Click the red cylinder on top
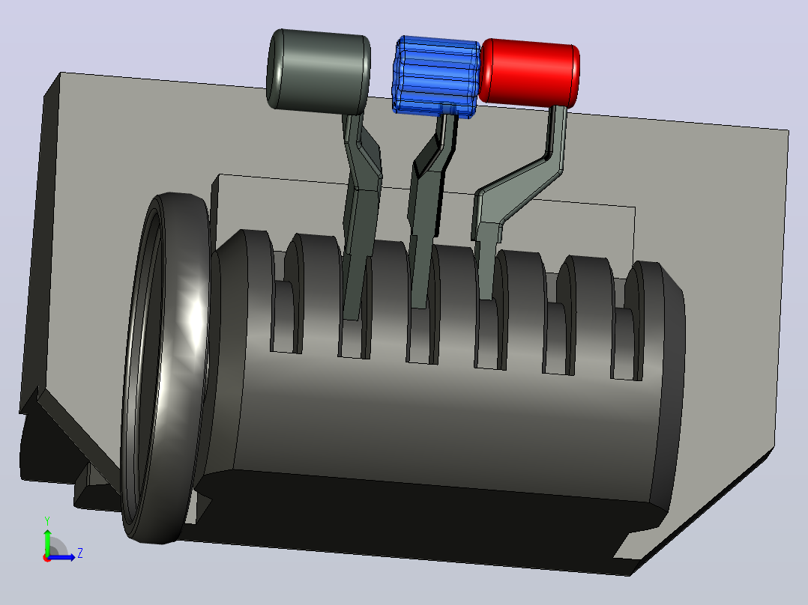(x=529, y=73)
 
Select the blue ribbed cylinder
(x=436, y=77)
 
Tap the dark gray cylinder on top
(x=319, y=71)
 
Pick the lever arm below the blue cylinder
(x=430, y=206)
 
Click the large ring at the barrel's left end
(x=166, y=368)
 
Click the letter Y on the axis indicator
(x=47, y=520)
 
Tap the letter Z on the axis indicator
(x=80, y=553)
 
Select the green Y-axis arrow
(x=47, y=541)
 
